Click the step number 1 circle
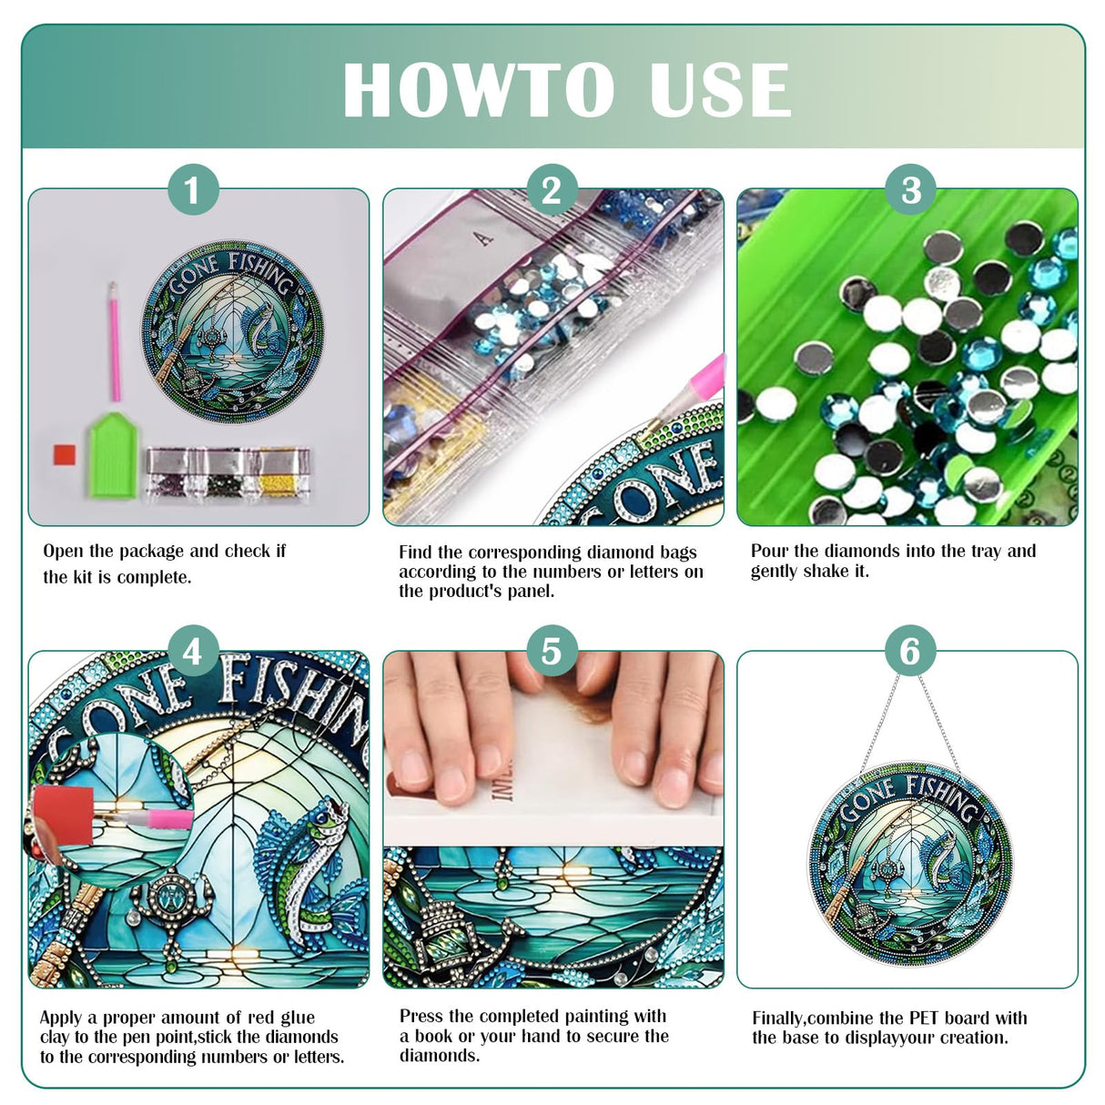[193, 190]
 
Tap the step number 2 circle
[552, 190]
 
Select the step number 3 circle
[910, 190]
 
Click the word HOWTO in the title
[477, 90]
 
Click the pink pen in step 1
[115, 341]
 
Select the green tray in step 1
[112, 455]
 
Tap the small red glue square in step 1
[64, 454]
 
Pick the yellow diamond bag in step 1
[283, 471]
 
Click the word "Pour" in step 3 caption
[768, 551]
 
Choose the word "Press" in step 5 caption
[421, 1016]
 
